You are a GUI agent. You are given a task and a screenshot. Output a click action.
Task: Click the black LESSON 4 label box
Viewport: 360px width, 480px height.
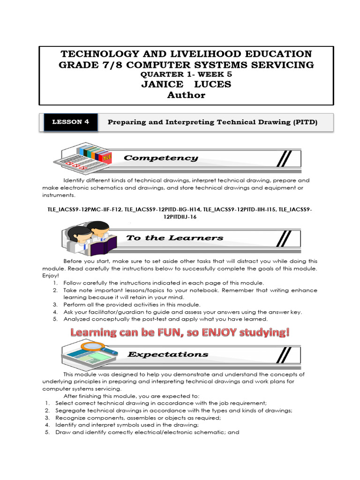[x=70, y=122]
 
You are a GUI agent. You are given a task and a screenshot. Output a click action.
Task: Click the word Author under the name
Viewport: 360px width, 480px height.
[x=186, y=95]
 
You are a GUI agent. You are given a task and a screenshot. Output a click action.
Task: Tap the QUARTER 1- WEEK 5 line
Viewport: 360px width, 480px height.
[x=186, y=74]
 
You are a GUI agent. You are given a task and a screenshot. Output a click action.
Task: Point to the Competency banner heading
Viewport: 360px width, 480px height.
[x=161, y=158]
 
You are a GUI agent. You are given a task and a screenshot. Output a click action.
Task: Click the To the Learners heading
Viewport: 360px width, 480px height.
[x=175, y=238]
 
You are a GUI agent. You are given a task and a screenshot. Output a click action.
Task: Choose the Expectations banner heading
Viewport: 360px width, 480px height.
[x=168, y=354]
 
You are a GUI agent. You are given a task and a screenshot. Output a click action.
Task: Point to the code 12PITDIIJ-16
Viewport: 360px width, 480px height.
[x=180, y=217]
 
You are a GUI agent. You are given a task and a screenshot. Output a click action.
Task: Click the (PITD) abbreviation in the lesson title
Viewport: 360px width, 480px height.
[x=306, y=122]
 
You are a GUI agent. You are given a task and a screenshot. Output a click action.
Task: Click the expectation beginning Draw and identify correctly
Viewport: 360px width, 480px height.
[x=147, y=432]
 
